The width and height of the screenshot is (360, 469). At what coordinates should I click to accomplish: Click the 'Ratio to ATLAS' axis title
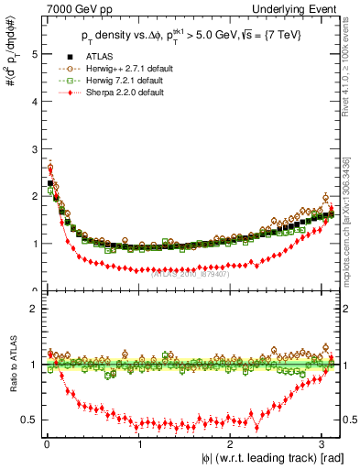(x=10, y=364)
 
